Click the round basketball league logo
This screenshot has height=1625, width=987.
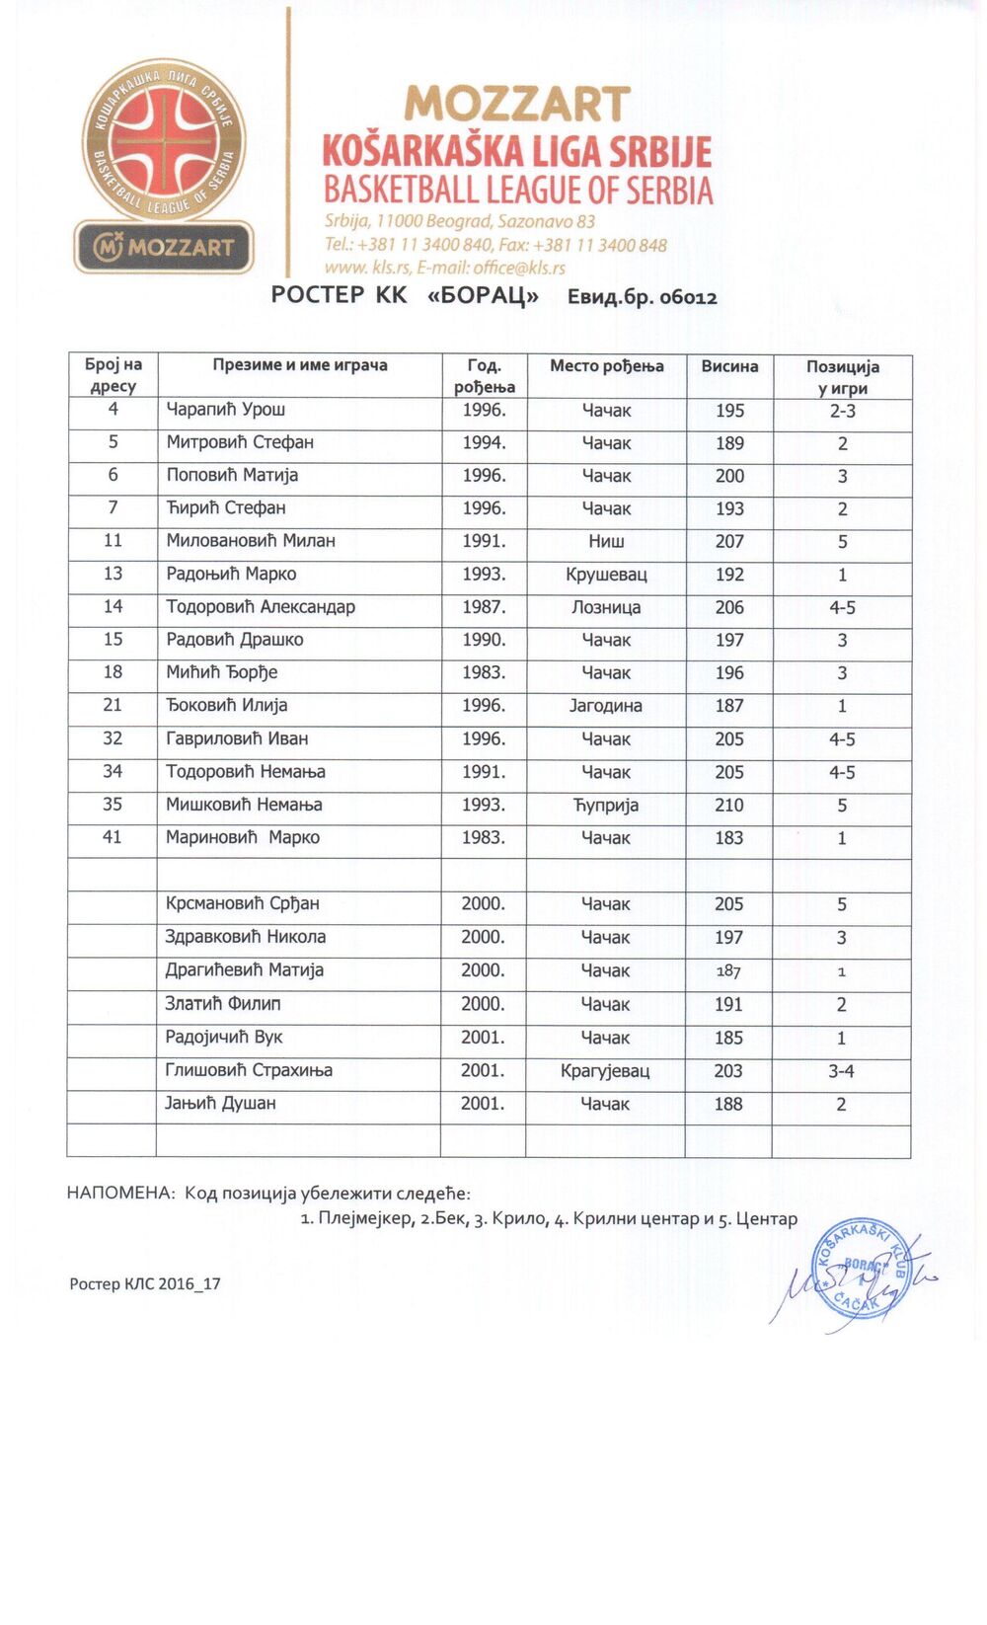tap(163, 139)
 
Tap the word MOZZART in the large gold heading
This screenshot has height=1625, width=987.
tap(517, 105)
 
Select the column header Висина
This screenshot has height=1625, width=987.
tap(729, 366)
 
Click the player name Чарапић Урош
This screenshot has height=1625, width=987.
tap(225, 410)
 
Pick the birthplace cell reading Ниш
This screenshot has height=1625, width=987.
tap(606, 541)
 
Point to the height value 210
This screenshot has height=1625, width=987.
tap(729, 805)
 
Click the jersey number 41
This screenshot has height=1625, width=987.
tap(113, 837)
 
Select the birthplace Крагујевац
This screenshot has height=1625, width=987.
tap(605, 1070)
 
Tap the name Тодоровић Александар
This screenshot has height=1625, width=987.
tap(261, 607)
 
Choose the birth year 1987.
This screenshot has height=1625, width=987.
tap(484, 607)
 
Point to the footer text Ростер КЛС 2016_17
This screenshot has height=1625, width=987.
tap(145, 1283)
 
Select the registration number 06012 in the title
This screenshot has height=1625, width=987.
tap(688, 297)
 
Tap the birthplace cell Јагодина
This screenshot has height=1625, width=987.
tap(606, 706)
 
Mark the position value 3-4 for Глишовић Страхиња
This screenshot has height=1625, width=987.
tap(841, 1070)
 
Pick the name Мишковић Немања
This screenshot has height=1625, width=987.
tap(244, 805)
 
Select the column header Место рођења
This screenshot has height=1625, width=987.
tap(606, 366)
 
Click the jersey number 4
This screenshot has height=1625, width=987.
tap(113, 410)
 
